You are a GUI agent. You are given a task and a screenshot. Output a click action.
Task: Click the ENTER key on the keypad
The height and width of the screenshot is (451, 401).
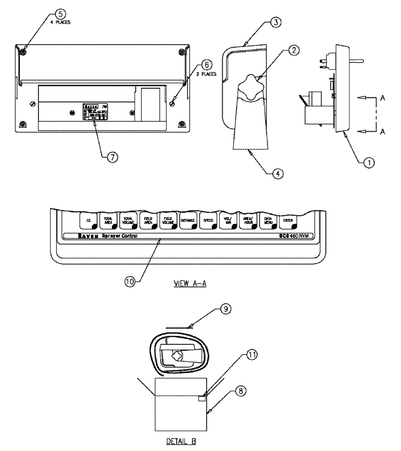click(287, 221)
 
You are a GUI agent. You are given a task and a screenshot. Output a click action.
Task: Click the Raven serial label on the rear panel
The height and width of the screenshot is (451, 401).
click(95, 113)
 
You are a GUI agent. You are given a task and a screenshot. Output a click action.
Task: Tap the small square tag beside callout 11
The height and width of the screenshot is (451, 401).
click(202, 398)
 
